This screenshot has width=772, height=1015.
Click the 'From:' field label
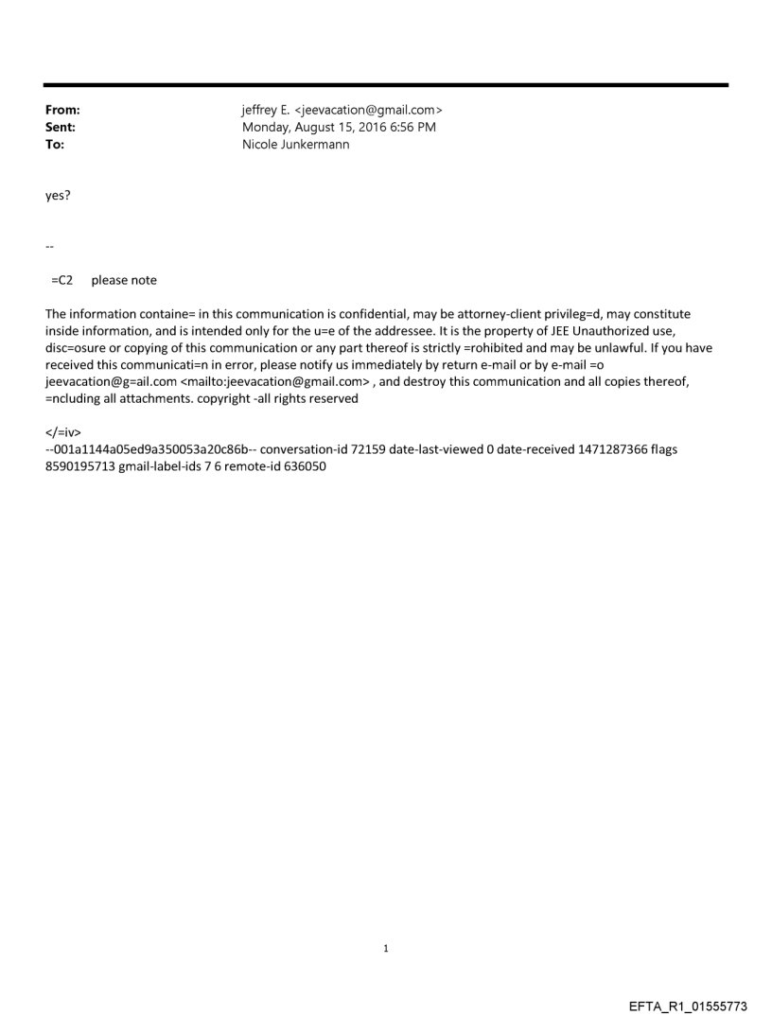[x=62, y=111]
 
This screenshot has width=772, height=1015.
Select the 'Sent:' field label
[x=61, y=128]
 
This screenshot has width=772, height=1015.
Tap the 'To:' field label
[x=55, y=145]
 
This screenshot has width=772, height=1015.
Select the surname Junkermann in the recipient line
[x=315, y=145]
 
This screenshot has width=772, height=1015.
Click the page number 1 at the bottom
[x=386, y=948]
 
